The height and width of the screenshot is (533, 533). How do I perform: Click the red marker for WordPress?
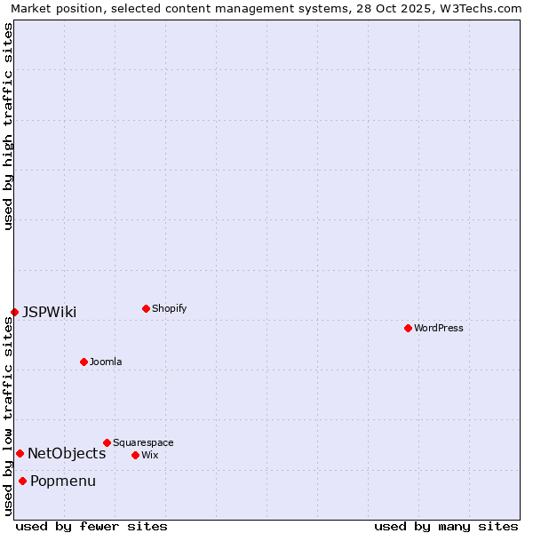408,328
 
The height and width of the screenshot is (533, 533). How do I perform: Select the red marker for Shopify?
146,308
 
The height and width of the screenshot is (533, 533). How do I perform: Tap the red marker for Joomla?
84,362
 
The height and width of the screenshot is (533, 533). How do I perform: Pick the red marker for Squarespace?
107,442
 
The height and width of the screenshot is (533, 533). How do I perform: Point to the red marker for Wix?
135,455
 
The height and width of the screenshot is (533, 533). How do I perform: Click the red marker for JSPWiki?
14,312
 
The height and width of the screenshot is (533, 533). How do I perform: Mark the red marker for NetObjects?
20,453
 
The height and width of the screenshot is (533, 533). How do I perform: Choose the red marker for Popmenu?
22,481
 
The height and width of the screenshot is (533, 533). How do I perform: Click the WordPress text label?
439,328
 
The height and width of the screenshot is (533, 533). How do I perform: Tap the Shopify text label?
169,308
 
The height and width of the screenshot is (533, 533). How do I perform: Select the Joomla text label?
106,362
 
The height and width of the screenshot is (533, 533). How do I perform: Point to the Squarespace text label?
143,442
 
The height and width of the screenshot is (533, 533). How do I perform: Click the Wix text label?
149,455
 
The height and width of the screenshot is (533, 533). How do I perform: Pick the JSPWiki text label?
49,312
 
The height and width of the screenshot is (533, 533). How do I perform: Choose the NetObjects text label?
67,453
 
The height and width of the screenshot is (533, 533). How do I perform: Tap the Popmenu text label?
63,481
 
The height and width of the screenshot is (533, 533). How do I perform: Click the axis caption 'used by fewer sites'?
91,526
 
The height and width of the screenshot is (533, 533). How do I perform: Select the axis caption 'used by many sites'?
446,526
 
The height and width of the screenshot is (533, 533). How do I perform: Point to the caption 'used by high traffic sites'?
8,126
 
